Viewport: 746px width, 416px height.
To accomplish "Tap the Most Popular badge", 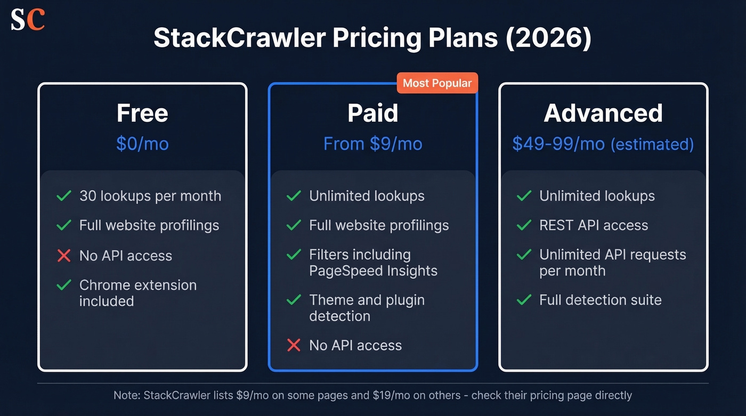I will point(437,83).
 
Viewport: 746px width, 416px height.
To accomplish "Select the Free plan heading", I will point(142,113).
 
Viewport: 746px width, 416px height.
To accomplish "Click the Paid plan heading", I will point(372,113).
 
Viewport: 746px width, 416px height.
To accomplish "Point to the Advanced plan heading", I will point(603,113).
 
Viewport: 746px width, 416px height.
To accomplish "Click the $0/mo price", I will point(142,143).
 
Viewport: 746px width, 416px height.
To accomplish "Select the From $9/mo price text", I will point(372,143).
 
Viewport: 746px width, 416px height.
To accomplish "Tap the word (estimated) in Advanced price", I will point(652,144).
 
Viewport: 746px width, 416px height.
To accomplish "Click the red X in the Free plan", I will point(64,256).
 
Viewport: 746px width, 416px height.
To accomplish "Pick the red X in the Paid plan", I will point(294,345).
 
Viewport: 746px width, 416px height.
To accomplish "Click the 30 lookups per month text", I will point(150,196).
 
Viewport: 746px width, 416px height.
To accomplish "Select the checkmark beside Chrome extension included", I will point(64,286).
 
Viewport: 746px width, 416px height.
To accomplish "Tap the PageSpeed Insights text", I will point(373,271).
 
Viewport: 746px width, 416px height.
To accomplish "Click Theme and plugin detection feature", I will point(367,308).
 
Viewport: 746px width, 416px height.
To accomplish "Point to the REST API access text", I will point(593,225).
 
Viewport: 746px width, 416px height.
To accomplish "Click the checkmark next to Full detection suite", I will point(524,300).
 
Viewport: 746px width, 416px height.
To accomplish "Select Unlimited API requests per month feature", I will point(612,263).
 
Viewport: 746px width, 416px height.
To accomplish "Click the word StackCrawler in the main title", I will point(240,39).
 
